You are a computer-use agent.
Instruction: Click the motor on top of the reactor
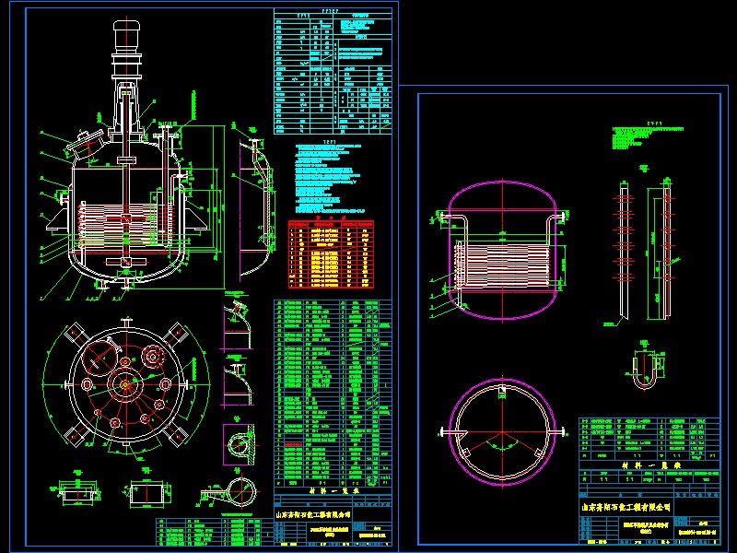click(x=124, y=37)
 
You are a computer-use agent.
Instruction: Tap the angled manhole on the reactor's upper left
click(x=84, y=141)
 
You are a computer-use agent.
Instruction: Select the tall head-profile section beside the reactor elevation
click(x=251, y=207)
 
